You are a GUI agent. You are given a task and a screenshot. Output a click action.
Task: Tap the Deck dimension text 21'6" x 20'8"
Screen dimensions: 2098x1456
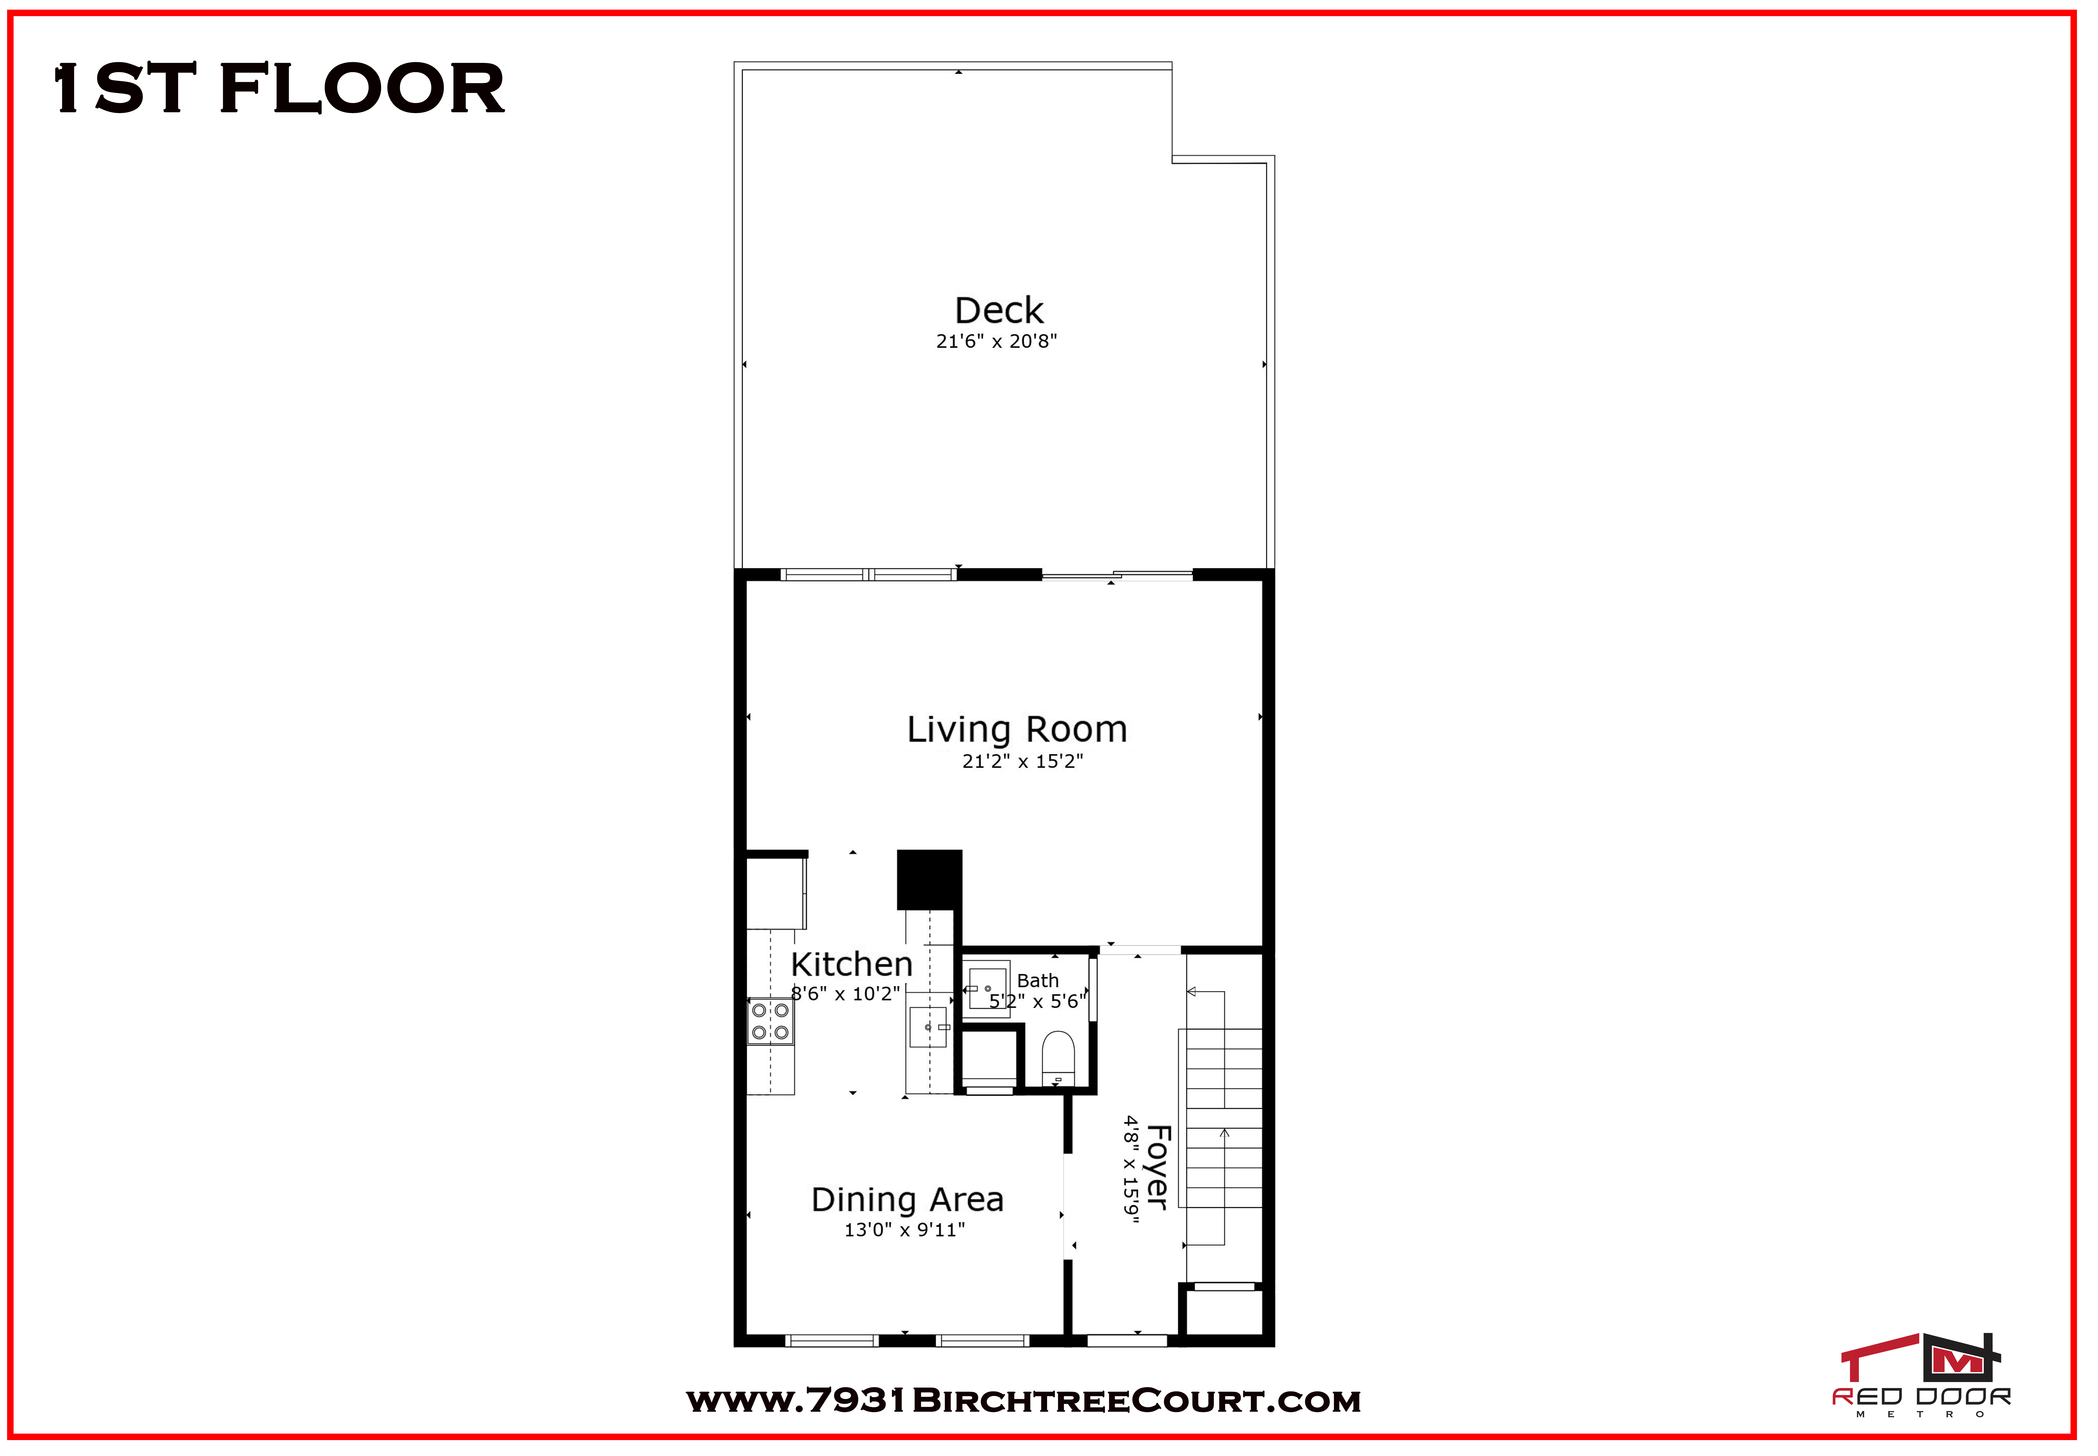coord(996,341)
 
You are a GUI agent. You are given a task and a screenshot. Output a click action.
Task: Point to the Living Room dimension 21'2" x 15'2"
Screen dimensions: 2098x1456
coord(1023,761)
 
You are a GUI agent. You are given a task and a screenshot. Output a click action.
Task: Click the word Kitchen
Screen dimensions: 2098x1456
coord(851,964)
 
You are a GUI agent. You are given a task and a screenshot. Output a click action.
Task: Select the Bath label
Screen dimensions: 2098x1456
coord(1038,981)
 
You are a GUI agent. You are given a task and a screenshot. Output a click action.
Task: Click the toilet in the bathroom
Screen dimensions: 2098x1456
coord(1058,1058)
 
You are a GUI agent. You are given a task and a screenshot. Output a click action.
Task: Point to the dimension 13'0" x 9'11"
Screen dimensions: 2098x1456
coord(904,1230)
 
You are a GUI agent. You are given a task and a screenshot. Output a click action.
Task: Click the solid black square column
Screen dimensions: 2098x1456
coord(930,879)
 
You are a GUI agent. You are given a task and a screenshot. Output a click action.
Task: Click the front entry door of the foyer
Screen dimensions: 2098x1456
coord(1127,1340)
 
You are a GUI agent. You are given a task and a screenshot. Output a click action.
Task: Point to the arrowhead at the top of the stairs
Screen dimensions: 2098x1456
coord(1191,992)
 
